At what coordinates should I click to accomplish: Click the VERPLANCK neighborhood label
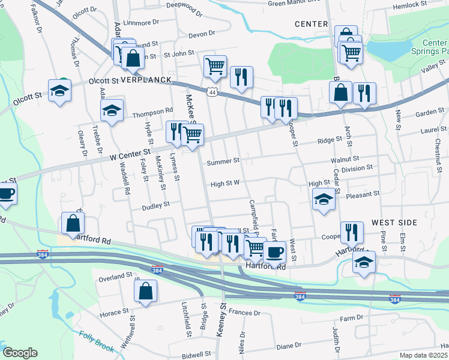tap(146, 80)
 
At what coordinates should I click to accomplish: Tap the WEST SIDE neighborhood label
tap(391, 222)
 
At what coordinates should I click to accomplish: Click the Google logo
tap(20, 353)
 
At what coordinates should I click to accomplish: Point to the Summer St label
tap(223, 161)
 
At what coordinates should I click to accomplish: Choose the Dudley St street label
tap(156, 205)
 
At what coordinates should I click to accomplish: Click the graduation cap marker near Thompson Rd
tap(112, 110)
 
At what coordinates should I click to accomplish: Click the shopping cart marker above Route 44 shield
tap(215, 66)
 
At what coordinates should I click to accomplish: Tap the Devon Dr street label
tap(202, 35)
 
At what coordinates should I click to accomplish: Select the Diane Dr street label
tap(289, 346)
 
